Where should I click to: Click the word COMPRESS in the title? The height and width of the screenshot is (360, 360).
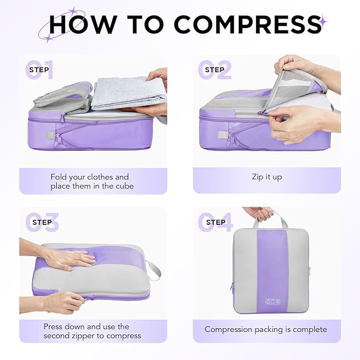tap(248, 24)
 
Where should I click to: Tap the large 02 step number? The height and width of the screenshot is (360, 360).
tap(215, 70)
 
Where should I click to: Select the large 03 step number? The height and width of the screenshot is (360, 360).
tap(41, 222)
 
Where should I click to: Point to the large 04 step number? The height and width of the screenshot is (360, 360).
tap(215, 222)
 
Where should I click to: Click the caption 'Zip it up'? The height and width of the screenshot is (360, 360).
tap(267, 177)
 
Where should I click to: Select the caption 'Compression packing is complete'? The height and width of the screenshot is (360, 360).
tap(266, 329)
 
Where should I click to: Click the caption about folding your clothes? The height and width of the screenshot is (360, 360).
tap(90, 181)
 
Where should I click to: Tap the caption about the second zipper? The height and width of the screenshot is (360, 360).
tap(92, 331)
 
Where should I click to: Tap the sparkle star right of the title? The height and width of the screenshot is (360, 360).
tap(323, 22)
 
